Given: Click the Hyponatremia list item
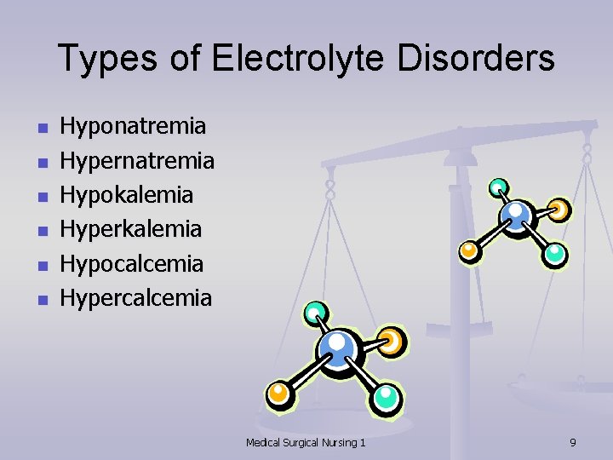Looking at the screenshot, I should click(132, 127).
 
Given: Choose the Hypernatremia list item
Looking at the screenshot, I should click(136, 161).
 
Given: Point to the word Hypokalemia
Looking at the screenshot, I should click(127, 195).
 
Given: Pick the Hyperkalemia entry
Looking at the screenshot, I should click(131, 229).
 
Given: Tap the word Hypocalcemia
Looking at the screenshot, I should click(131, 263).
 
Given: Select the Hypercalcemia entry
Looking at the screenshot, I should click(135, 297).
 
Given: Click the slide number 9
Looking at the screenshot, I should click(572, 442).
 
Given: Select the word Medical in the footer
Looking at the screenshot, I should click(266, 442).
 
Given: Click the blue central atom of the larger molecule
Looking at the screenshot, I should click(338, 347).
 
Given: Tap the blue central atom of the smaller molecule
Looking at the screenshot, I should click(515, 213).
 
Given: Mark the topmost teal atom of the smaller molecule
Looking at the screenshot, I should click(499, 187).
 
